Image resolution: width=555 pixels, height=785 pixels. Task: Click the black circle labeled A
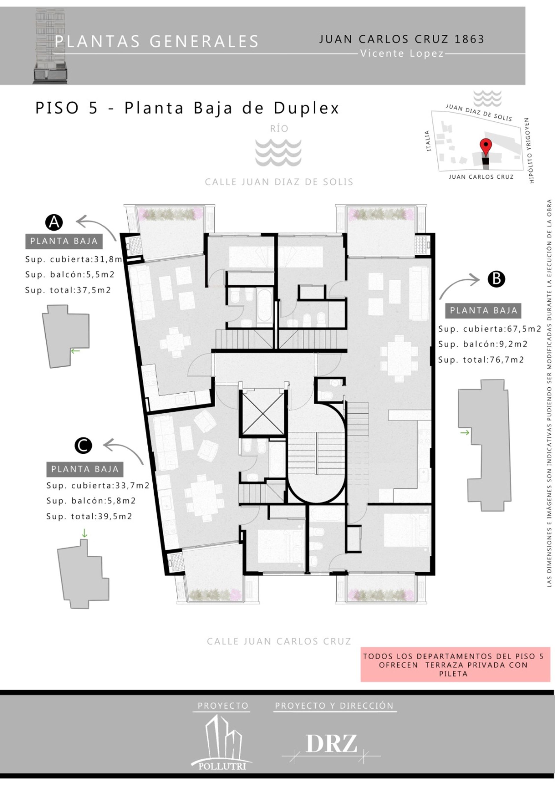[x=54, y=223]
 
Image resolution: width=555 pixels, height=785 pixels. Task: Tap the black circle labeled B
[x=496, y=279]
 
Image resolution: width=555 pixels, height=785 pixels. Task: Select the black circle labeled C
[x=83, y=445]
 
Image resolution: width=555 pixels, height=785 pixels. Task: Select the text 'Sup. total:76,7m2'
[x=481, y=360]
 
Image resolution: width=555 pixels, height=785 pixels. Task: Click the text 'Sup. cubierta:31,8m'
[x=73, y=259]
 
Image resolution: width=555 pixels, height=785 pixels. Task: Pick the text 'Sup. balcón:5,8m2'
[x=91, y=501]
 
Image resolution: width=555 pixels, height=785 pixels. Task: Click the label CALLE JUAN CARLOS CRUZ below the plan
[x=279, y=641]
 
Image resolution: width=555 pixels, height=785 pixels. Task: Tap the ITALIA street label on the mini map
[x=428, y=140]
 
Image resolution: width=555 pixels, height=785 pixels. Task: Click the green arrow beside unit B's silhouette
[x=465, y=433]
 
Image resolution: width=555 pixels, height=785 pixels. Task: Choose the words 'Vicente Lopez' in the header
[x=402, y=53]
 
